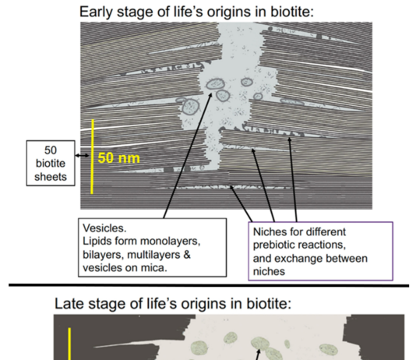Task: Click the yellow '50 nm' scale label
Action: tap(118, 158)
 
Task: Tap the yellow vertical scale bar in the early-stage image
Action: tap(92, 157)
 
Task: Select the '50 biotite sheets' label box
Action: tap(51, 163)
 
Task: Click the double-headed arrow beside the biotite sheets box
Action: tap(83, 156)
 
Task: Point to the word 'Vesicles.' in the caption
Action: tap(104, 228)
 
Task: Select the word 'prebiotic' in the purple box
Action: tap(275, 245)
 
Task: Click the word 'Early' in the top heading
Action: tap(97, 12)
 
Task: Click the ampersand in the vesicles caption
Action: tap(187, 255)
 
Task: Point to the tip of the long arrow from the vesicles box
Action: tap(212, 93)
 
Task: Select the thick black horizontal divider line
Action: tap(209, 285)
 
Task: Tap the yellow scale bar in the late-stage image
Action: tap(69, 344)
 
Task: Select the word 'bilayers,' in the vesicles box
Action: tap(103, 255)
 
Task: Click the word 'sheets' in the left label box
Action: tap(51, 177)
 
